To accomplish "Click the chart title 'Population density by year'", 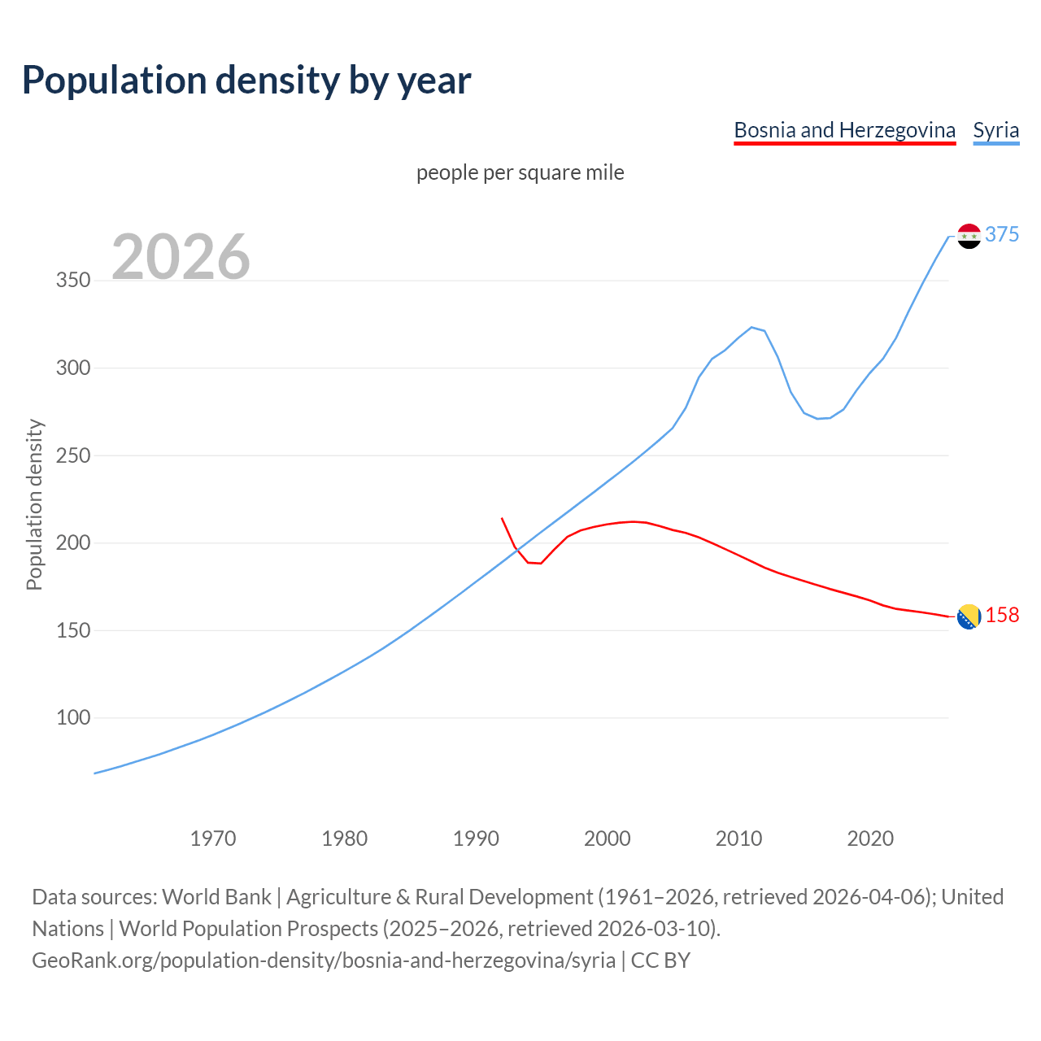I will click(x=246, y=80).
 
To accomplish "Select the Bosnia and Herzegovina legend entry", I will click(x=844, y=130).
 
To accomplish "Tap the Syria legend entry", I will click(x=995, y=130).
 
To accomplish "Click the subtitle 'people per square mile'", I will click(x=520, y=172).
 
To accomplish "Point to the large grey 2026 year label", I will click(x=181, y=257).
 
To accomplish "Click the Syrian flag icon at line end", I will click(x=969, y=236).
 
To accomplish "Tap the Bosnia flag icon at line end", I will click(x=969, y=617).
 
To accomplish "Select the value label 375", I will click(x=1002, y=234).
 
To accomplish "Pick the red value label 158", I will click(x=1002, y=616).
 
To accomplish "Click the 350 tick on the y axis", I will click(x=72, y=281).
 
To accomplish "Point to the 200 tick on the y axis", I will click(x=72, y=543).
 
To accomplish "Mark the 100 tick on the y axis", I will click(x=72, y=718).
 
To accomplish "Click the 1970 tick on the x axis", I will click(x=213, y=838).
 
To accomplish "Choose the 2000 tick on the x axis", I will click(x=607, y=838).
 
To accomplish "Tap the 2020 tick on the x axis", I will click(x=870, y=838).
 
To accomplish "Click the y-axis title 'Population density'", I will click(x=34, y=504).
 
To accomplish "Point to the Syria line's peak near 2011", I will click(x=751, y=327).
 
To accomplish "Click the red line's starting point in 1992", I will click(x=502, y=518).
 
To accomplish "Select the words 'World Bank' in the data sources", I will click(x=216, y=897).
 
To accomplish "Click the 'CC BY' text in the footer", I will click(x=660, y=960).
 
